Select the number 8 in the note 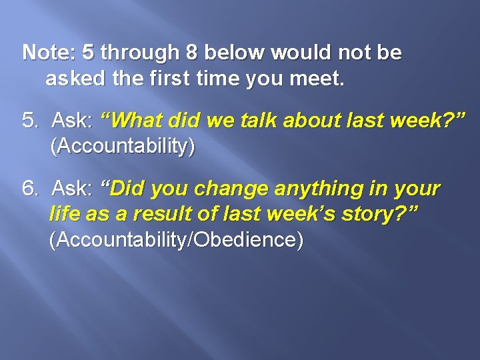pyautogui.click(x=193, y=52)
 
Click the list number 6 pyautogui.click(x=31, y=189)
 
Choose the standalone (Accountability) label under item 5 pyautogui.click(x=123, y=146)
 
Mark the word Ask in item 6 pyautogui.click(x=71, y=189)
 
